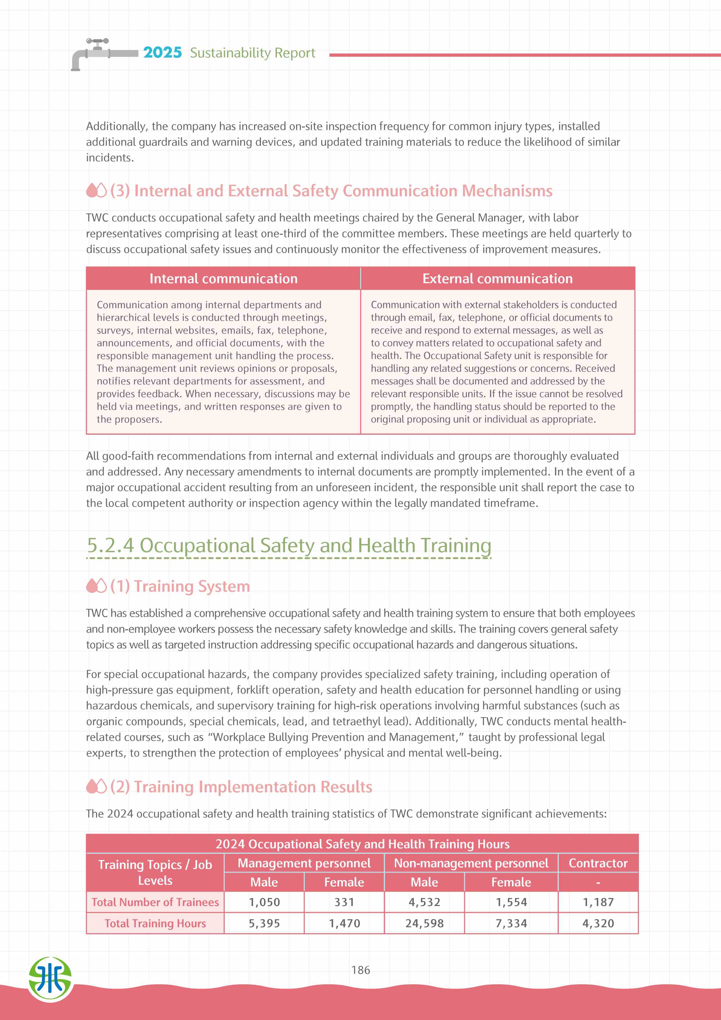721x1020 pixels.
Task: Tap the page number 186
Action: tap(360, 970)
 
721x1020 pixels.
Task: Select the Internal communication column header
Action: tap(223, 279)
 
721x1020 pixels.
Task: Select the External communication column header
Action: tap(498, 279)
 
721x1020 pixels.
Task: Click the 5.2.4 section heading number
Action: tap(110, 545)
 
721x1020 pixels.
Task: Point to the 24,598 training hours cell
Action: tap(424, 923)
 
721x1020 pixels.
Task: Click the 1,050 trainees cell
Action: tap(264, 902)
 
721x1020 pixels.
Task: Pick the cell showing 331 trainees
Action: tap(344, 902)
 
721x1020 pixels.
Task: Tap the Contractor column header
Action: tap(598, 863)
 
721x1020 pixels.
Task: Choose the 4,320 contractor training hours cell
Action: tap(598, 923)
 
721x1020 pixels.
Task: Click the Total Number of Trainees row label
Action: tap(155, 902)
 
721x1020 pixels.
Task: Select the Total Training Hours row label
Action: tap(155, 923)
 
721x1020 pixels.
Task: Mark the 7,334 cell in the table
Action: tap(511, 923)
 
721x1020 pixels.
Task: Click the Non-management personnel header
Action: tap(471, 863)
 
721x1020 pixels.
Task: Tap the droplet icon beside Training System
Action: tap(96, 586)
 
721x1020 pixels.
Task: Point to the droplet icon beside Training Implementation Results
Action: tap(96, 787)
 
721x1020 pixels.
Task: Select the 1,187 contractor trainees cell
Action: tap(598, 902)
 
